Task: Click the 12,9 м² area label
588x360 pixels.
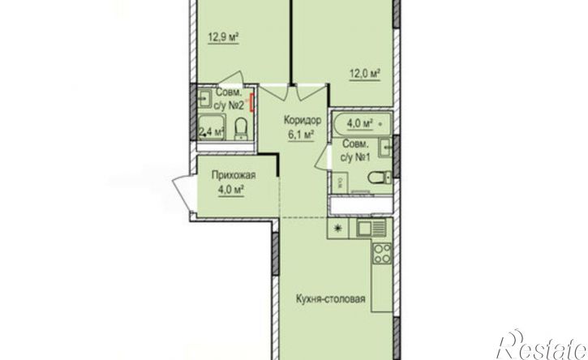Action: click(224, 37)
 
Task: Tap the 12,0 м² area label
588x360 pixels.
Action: click(365, 74)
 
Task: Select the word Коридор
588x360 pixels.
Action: click(303, 121)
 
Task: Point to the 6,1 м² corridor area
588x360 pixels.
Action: click(301, 135)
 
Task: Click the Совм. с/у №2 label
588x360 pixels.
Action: click(230, 100)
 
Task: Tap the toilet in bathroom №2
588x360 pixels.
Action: click(240, 128)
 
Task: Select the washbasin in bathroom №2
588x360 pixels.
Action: click(204, 99)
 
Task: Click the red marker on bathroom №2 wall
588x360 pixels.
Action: click(252, 103)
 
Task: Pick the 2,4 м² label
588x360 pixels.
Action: click(212, 131)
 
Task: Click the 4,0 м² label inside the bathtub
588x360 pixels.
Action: click(359, 124)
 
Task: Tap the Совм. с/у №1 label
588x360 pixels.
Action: click(355, 151)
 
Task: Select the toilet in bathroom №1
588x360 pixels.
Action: click(380, 178)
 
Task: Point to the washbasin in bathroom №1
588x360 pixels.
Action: click(385, 148)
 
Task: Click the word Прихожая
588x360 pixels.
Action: click(234, 175)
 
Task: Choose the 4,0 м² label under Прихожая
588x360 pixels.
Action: click(231, 190)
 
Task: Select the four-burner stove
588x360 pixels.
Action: click(382, 254)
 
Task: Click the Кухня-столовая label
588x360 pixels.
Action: click(330, 299)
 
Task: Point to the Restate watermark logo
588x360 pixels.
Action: click(543, 345)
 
